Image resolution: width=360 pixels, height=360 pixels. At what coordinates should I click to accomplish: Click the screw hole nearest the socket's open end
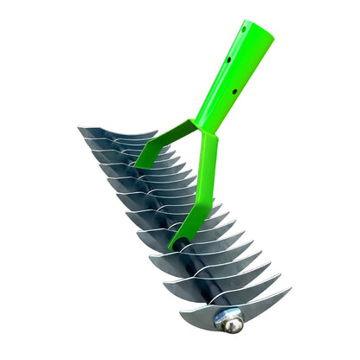243,29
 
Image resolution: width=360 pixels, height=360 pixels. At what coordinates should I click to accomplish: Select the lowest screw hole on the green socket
219,89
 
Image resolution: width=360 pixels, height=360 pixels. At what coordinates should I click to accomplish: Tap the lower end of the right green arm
177,241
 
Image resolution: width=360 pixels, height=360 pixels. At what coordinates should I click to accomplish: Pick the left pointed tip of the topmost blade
79,129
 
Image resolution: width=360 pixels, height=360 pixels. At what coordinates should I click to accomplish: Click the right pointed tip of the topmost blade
157,132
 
